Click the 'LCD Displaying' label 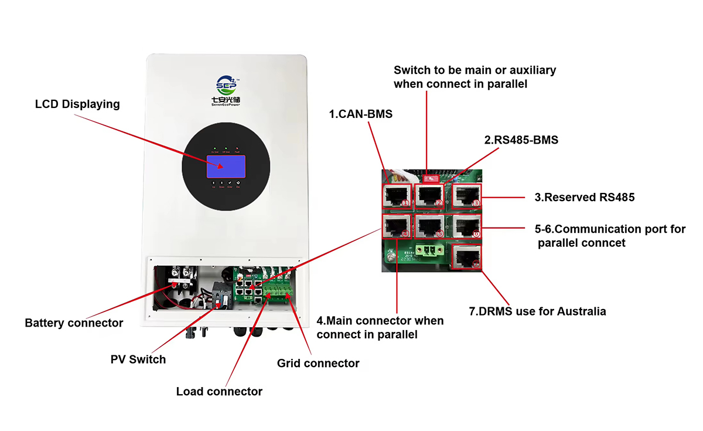point(77,104)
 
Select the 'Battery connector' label point(74,323)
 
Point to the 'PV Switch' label point(138,359)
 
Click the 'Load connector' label point(219,391)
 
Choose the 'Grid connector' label point(318,364)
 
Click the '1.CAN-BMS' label point(361,114)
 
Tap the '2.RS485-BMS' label point(521,140)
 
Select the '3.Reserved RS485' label point(584,198)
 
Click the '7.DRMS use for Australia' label point(537,311)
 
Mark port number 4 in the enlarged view point(397,226)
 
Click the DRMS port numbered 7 point(467,257)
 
